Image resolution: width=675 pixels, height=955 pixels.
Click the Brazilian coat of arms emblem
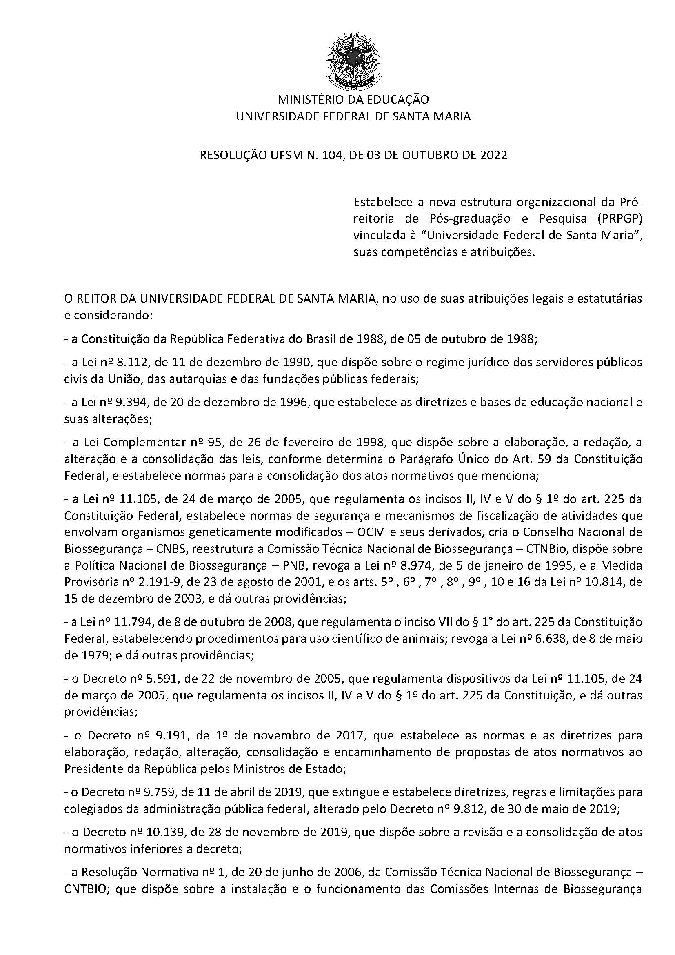354,58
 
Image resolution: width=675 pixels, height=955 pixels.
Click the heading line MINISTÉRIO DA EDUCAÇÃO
353,100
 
